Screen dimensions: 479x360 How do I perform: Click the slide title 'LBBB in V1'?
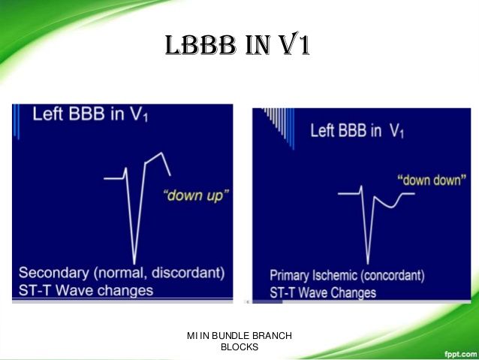[238, 44]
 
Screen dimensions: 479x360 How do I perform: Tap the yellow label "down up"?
[196, 195]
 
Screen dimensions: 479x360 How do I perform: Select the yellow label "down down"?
[432, 180]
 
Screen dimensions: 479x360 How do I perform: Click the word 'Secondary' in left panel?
[54, 273]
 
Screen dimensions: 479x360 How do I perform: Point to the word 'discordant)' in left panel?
[188, 273]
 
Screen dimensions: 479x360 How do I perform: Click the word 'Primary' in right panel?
[289, 276]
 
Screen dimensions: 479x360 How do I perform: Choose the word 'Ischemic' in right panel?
[335, 276]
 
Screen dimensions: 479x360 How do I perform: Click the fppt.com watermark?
[460, 355]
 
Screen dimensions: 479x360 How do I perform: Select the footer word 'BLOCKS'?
[239, 347]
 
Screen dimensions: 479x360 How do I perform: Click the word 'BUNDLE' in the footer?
[226, 335]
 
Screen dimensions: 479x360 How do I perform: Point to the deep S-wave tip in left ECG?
[134, 264]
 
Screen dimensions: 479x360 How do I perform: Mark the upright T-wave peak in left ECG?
[161, 153]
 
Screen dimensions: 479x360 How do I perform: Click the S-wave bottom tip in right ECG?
[367, 263]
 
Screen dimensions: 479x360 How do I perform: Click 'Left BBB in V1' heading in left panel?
[90, 113]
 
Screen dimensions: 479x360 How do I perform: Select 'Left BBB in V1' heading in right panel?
[357, 131]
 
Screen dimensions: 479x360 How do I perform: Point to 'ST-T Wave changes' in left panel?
[86, 290]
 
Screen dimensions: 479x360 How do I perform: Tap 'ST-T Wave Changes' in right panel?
[323, 292]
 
